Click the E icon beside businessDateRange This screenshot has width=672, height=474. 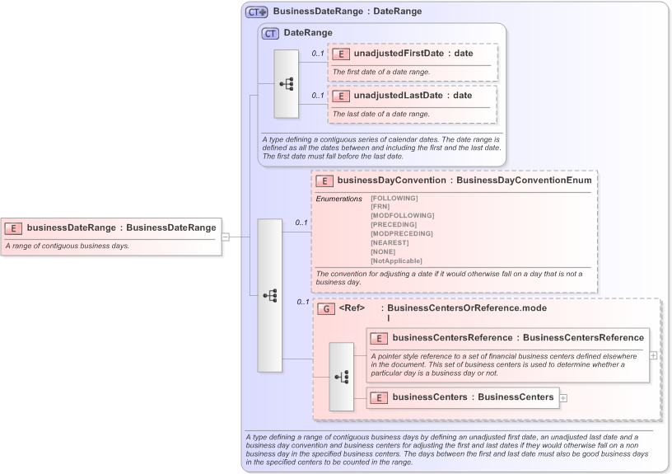coord(14,228)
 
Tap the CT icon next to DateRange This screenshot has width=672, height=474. coord(270,33)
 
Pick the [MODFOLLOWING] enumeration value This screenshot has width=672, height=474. coord(402,215)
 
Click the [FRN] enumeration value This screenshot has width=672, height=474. coord(380,206)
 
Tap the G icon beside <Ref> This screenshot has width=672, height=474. coord(326,308)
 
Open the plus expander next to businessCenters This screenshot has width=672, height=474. coord(563,398)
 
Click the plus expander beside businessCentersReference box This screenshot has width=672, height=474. coord(653,355)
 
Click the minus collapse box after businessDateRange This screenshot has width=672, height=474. coord(226,237)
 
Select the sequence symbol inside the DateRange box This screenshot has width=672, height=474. coord(287,83)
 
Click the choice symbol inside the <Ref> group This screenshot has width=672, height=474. coord(342,377)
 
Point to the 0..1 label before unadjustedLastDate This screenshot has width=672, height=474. coord(317,96)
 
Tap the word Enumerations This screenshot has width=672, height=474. coord(338,198)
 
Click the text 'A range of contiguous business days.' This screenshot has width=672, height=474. coord(67,246)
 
